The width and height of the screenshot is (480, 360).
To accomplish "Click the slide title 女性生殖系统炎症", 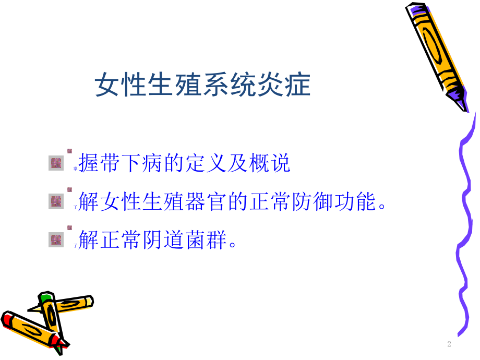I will tap(202, 85).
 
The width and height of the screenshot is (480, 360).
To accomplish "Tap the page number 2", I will tap(449, 344).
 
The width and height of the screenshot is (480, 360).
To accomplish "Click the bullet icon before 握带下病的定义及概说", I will tap(55, 164).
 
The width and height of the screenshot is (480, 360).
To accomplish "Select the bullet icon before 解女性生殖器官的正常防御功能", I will tap(55, 200).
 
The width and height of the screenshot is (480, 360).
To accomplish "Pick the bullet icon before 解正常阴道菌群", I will tap(55, 239).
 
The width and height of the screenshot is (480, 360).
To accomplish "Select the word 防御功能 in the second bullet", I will tap(335, 202).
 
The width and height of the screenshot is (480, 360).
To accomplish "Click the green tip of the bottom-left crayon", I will tap(46, 297).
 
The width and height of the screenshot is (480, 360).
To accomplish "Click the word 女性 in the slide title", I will tap(112, 85).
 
